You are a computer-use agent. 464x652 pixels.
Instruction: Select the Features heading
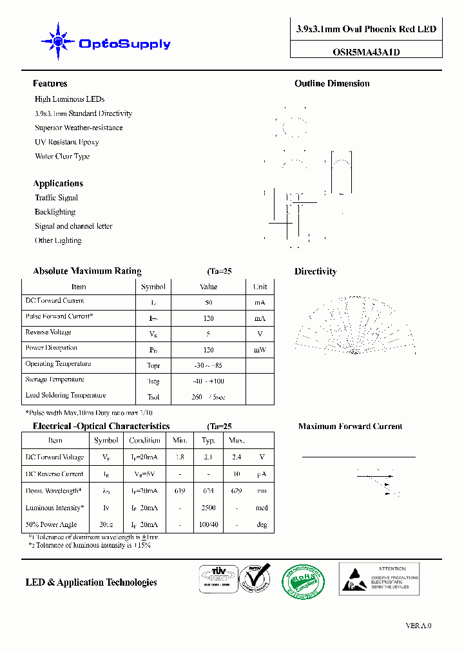click(x=50, y=84)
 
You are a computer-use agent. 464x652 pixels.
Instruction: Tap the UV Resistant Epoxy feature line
click(x=67, y=142)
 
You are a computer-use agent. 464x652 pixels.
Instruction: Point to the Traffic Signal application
click(x=56, y=198)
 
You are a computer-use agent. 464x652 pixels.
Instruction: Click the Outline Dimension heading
click(x=332, y=84)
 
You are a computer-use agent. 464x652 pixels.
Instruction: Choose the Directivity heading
click(x=315, y=272)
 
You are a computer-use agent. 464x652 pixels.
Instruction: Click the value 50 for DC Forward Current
click(x=208, y=302)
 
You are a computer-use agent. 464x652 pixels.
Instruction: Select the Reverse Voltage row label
click(x=48, y=332)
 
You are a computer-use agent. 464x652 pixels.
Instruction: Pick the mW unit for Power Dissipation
click(x=260, y=350)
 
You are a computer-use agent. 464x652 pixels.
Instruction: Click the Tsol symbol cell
click(x=153, y=397)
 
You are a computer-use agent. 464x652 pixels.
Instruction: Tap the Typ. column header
click(x=208, y=441)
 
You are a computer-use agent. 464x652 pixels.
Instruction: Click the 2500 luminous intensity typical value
click(x=208, y=508)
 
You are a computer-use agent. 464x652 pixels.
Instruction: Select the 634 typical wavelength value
click(x=208, y=491)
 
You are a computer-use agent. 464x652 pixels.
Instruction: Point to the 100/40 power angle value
click(x=208, y=525)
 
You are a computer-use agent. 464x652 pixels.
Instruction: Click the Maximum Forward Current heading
click(x=350, y=427)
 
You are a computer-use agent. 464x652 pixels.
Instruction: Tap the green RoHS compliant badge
click(x=304, y=581)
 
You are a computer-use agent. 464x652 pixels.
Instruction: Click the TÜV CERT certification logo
click(x=217, y=578)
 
